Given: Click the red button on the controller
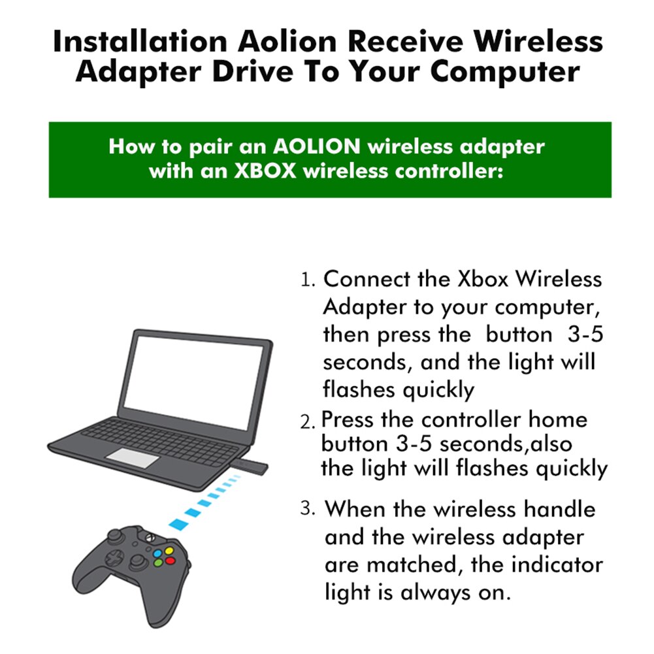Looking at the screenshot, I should (170, 560).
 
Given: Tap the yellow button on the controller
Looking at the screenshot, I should (169, 550).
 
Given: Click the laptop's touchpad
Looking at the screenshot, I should (133, 458).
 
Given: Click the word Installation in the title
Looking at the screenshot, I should (139, 42).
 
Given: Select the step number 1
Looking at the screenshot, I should (308, 280).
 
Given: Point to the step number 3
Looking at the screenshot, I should (308, 508).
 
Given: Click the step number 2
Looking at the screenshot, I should (308, 421).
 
